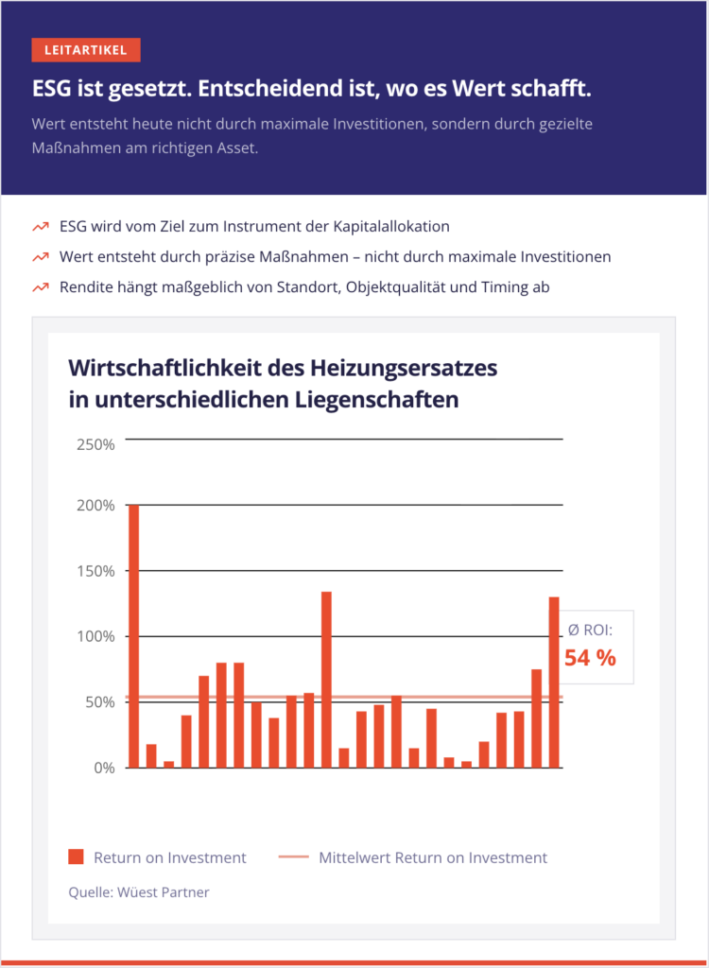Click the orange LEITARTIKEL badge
[85, 50]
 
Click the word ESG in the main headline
[51, 89]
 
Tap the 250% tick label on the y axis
[95, 444]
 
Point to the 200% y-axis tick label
[95, 505]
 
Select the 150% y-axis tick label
[95, 571]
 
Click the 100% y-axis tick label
[95, 636]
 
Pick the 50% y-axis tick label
[99, 702]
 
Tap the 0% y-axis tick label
[103, 768]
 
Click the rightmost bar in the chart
[554, 682]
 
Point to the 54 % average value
[590, 658]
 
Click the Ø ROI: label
[590, 630]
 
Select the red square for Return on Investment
[77, 857]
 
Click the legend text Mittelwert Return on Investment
[433, 857]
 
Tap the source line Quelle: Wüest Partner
[139, 891]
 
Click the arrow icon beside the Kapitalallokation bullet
[40, 228]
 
